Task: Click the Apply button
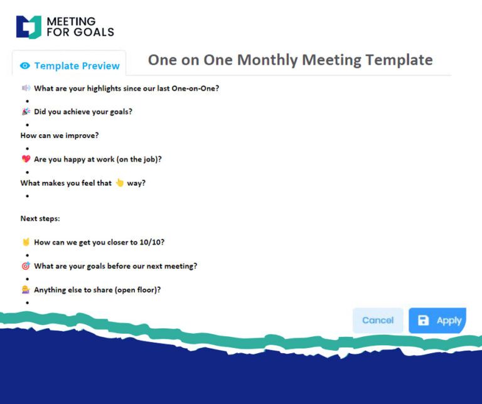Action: click(437, 321)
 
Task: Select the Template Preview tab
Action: click(69, 66)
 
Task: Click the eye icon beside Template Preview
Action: click(25, 66)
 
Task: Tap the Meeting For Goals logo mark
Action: click(28, 27)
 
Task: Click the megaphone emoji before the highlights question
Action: click(26, 88)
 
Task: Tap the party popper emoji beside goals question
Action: click(26, 112)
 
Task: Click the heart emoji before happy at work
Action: click(26, 159)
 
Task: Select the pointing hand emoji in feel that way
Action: click(119, 183)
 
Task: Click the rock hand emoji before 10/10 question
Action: click(26, 242)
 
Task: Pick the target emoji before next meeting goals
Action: click(26, 266)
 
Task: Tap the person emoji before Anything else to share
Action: click(26, 290)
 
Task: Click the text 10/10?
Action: click(159, 242)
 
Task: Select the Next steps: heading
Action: click(40, 219)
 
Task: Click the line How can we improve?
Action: click(60, 136)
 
